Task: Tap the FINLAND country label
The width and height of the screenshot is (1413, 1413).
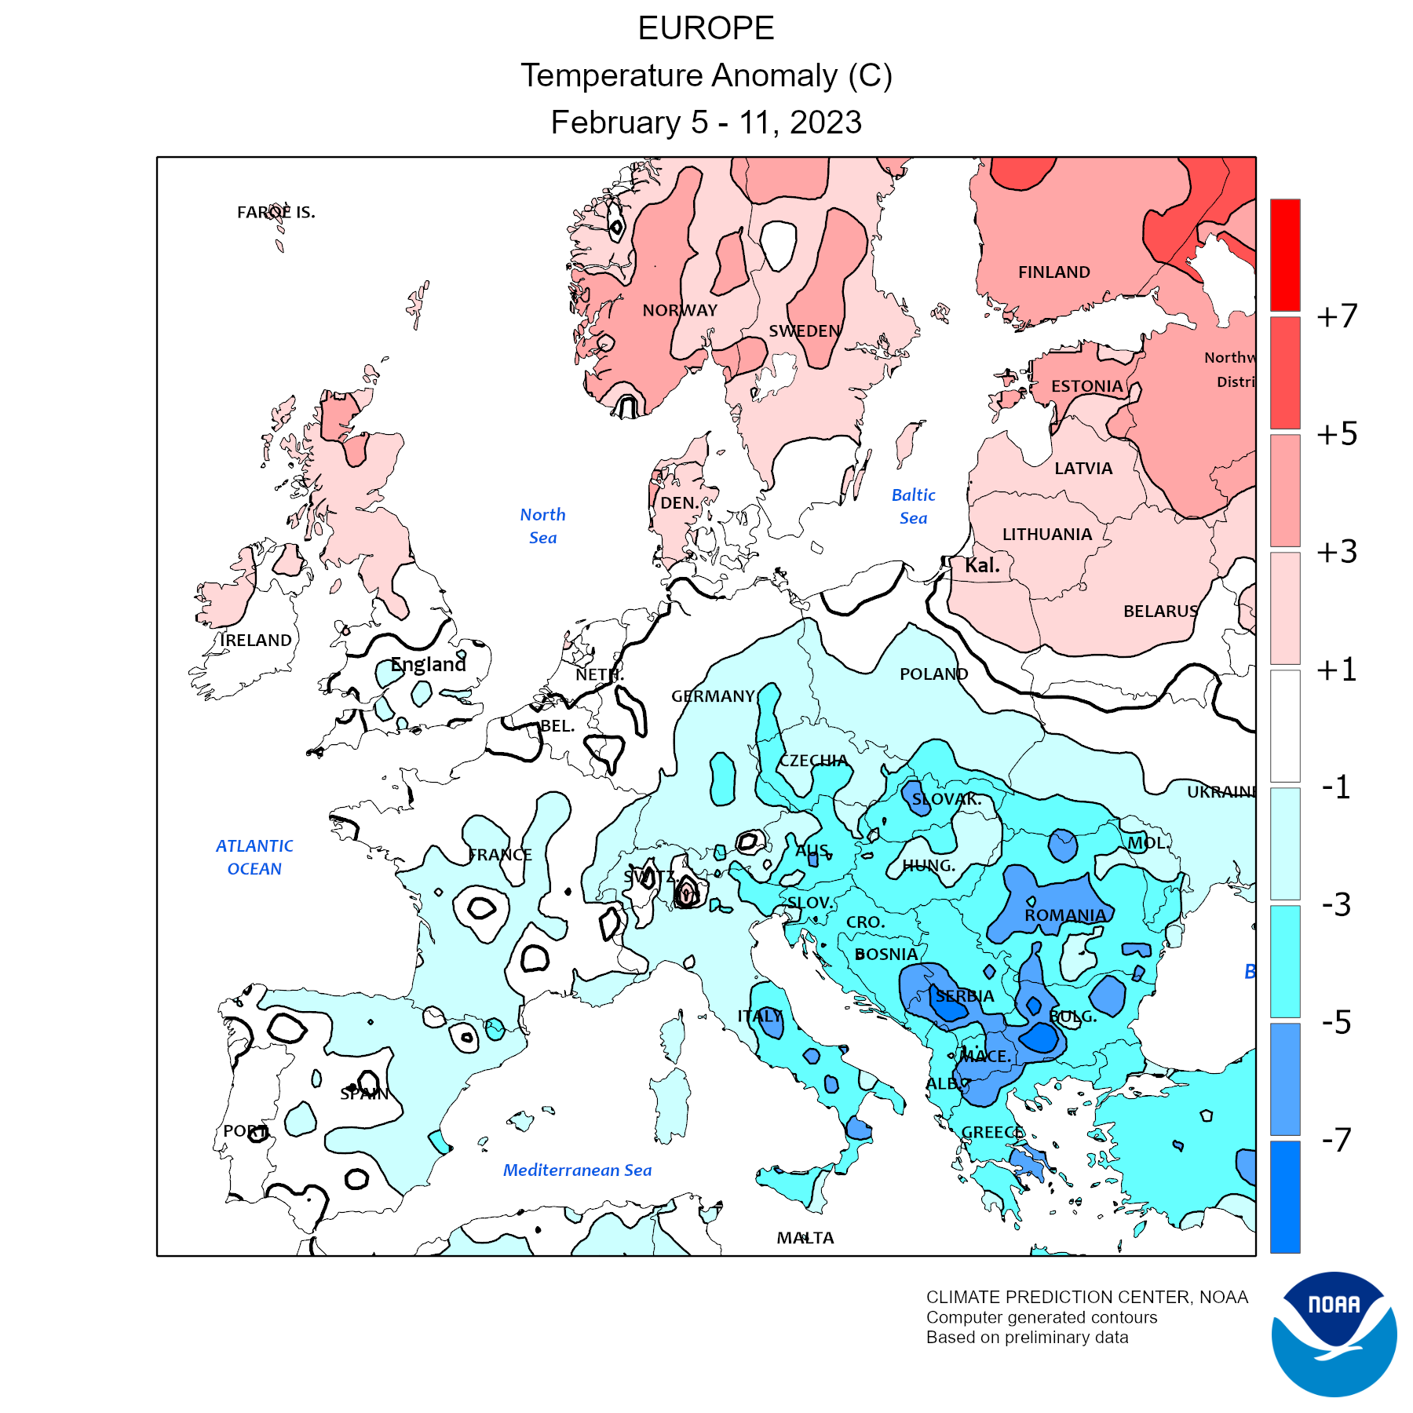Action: [1053, 272]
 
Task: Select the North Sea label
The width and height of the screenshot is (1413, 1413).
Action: [542, 526]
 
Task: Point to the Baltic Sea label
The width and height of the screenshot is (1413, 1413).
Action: [913, 506]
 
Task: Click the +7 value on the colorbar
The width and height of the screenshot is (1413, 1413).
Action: [1337, 316]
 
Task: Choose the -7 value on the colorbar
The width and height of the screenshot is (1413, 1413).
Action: [1337, 1139]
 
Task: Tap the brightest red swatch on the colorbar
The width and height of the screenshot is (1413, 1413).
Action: [1285, 255]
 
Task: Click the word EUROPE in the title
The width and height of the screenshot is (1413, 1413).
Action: [706, 28]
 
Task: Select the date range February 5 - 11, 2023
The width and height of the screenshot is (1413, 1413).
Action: [706, 122]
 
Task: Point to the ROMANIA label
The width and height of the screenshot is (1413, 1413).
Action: [1065, 915]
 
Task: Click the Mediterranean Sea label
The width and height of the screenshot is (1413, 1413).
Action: [577, 1170]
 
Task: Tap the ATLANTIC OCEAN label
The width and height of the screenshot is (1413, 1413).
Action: [254, 857]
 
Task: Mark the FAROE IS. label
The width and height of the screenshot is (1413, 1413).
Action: [276, 212]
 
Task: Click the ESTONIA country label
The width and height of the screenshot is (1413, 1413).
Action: [1086, 386]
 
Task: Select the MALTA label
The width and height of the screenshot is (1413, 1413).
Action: [805, 1238]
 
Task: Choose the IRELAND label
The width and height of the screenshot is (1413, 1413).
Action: [256, 641]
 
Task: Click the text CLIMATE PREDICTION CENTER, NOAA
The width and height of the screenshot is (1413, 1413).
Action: [1086, 1297]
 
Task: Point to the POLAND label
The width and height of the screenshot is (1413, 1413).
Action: [933, 674]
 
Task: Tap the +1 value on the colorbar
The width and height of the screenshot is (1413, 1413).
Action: [1337, 669]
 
